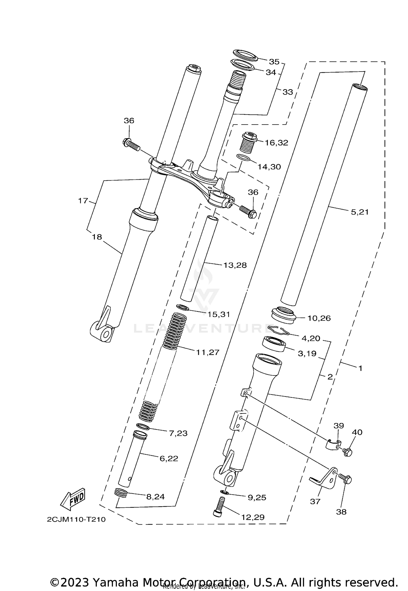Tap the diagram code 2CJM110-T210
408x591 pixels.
[x=76, y=520]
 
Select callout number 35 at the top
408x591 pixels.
[x=274, y=62]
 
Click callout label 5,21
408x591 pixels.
[x=360, y=212]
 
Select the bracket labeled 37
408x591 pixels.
[x=325, y=480]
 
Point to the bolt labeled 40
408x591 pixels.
[x=347, y=452]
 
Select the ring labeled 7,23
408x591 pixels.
[x=143, y=426]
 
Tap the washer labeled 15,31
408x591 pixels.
[x=183, y=308]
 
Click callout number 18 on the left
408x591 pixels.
[x=97, y=237]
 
